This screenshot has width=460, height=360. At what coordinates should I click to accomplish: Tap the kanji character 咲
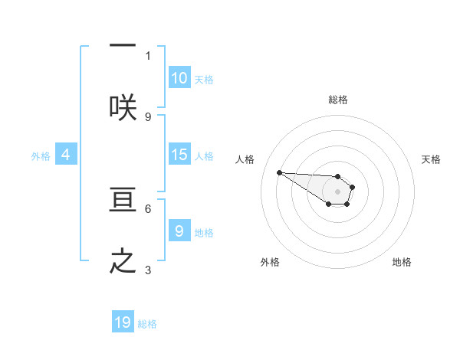(123, 107)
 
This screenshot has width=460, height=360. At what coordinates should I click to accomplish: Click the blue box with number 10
(179, 77)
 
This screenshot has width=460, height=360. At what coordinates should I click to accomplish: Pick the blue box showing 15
(179, 155)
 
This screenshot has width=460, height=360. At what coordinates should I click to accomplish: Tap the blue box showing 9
(179, 231)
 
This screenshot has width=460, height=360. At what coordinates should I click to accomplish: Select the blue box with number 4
(66, 155)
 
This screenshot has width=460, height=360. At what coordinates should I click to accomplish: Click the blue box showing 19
(123, 322)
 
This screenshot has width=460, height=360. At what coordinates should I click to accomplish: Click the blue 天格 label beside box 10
(204, 79)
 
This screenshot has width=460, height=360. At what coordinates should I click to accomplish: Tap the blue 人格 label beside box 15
(204, 155)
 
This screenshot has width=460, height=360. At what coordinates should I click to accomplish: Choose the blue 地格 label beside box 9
(204, 232)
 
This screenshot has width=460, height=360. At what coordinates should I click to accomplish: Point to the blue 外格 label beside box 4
(41, 155)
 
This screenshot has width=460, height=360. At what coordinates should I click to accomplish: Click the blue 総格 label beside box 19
(147, 324)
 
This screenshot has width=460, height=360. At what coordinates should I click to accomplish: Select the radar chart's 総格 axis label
(338, 100)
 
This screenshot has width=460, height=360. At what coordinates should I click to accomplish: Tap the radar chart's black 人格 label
(245, 159)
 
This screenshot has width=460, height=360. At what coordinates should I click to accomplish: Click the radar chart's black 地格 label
(402, 262)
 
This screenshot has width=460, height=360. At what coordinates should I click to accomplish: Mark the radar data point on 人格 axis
(279, 172)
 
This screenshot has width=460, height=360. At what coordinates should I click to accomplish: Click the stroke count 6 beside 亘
(148, 208)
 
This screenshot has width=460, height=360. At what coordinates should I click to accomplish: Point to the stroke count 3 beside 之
(148, 269)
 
